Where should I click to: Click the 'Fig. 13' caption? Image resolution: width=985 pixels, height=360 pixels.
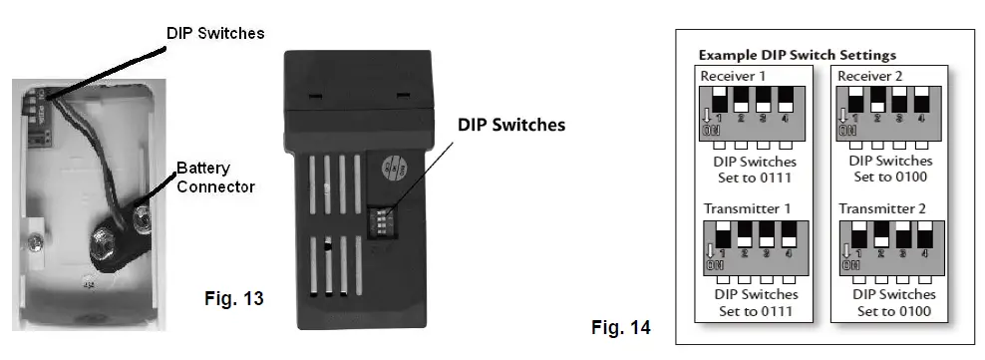[233, 296]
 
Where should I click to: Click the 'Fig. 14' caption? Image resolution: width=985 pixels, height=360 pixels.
[620, 327]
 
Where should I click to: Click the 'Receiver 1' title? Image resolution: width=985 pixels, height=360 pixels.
[733, 75]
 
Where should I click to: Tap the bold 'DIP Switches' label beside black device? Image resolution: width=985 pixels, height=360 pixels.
[510, 126]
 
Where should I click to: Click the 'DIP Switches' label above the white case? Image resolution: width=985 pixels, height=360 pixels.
[214, 33]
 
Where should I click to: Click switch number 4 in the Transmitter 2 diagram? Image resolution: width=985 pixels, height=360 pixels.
[923, 242]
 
